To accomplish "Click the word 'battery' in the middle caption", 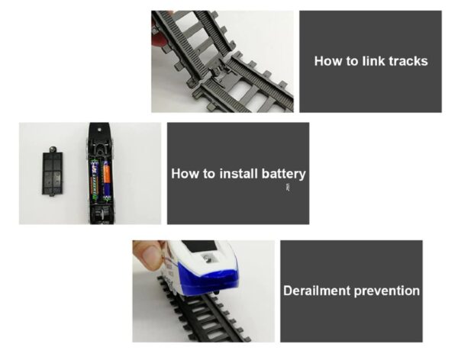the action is point(284,175).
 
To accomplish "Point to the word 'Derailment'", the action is point(317,291).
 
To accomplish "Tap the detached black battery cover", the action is point(52,172).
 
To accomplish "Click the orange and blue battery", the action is point(106,181).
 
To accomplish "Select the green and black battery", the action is point(95,180).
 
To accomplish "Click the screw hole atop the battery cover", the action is point(52,149).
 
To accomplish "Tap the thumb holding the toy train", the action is point(148,252).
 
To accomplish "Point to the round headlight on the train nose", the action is point(208,259).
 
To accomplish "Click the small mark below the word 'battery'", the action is point(288,187).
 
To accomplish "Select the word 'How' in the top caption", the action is point(328,61).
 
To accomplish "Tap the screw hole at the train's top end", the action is point(99,129).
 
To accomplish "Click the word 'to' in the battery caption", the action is point(209,174).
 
